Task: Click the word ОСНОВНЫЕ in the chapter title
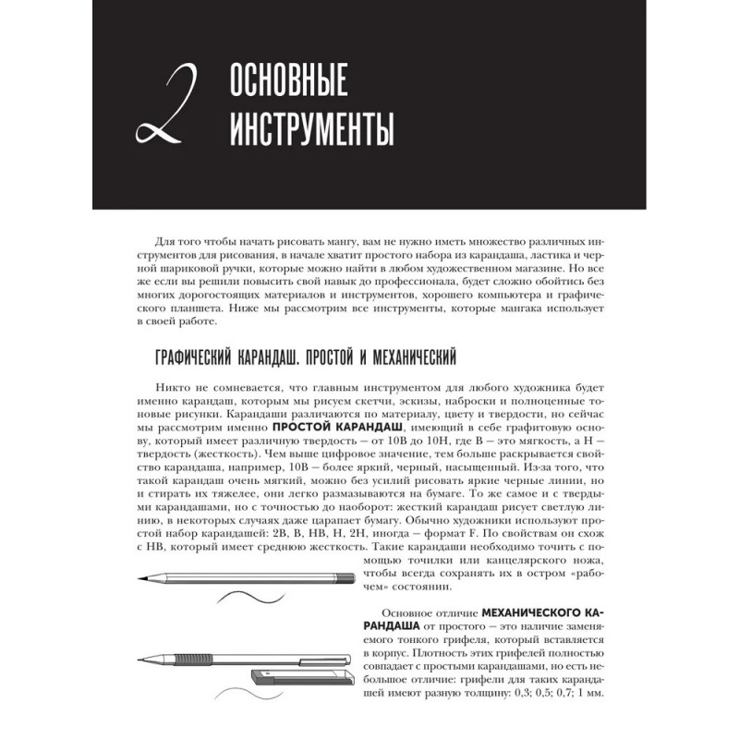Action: click(287, 84)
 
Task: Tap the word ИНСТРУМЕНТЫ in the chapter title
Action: click(310, 126)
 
